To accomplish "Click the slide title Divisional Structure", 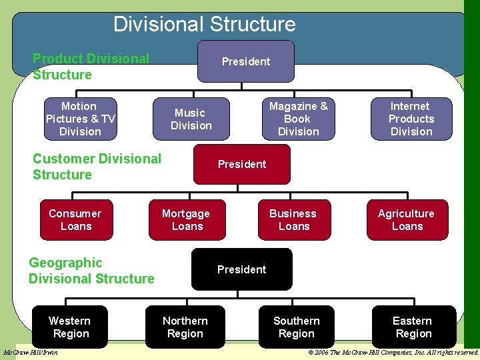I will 204,24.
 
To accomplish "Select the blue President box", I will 246,61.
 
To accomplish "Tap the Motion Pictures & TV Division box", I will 80,119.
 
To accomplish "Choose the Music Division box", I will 191,119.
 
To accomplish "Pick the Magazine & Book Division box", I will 298,119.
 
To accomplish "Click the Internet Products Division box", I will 411,119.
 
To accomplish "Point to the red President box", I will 242,164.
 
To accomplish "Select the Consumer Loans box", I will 75,220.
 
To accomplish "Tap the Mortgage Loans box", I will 186,220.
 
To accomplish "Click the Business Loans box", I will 293,220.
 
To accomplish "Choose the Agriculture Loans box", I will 407,220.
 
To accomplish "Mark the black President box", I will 242,269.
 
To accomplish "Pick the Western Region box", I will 70,327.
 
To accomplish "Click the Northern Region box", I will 185,327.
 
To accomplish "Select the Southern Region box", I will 297,327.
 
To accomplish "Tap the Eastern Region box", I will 413,327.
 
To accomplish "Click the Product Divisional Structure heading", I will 91,67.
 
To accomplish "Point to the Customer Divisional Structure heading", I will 97,167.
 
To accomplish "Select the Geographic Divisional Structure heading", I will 91,271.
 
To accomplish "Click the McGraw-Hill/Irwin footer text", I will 31,352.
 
